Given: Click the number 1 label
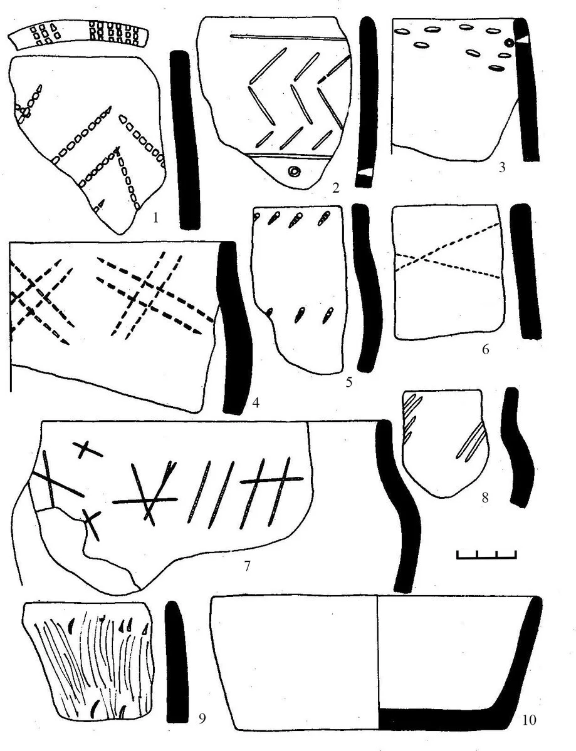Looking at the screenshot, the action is point(155,218).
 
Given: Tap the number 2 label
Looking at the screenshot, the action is point(335,188).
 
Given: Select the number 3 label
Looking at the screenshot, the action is point(501,167).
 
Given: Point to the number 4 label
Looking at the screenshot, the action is point(255,402).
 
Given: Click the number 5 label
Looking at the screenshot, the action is point(348,382).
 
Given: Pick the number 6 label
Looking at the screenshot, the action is point(485,350).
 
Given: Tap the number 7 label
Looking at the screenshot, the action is point(247,566).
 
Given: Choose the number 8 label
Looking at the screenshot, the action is point(485,498).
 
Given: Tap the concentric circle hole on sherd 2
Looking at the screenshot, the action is point(295,171).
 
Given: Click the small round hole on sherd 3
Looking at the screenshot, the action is point(509,43).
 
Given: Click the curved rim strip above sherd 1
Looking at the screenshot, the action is point(78,34).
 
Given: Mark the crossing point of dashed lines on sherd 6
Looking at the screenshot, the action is point(420,258).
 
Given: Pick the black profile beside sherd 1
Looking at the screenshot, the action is point(186,140).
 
